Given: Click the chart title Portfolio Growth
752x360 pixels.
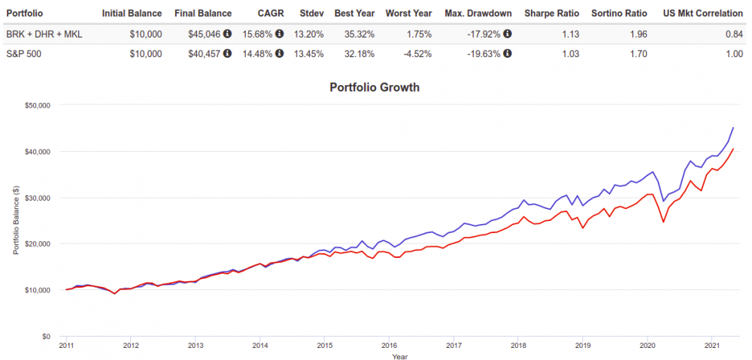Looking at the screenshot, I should click(374, 87).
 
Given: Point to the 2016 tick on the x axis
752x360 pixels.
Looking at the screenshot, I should click(388, 346).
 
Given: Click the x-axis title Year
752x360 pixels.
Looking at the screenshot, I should click(399, 356).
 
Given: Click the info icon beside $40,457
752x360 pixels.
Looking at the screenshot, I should click(227, 53).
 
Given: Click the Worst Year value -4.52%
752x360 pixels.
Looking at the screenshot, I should click(416, 53).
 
